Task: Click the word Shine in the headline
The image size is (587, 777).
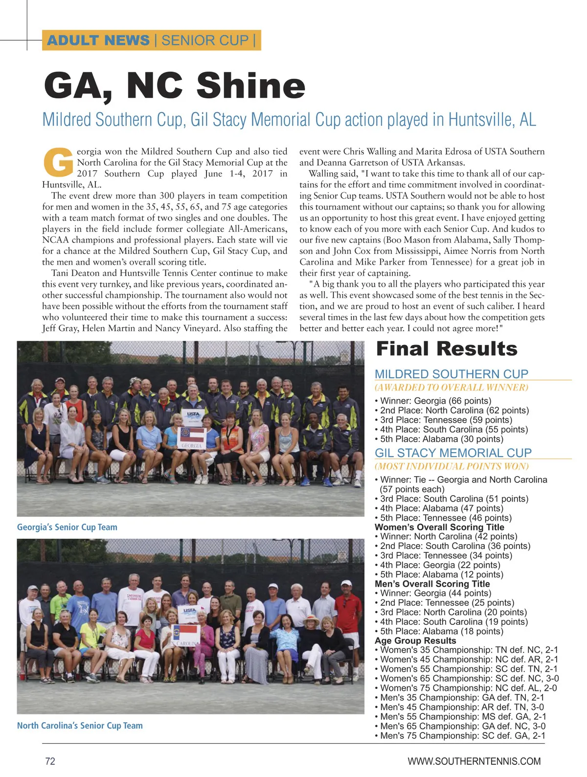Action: [x=251, y=86]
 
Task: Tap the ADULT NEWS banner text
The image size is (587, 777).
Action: [x=98, y=40]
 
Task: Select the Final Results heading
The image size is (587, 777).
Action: [x=446, y=349]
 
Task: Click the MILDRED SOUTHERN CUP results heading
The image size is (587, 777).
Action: [x=451, y=374]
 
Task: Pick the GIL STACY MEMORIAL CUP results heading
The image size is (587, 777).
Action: [x=453, y=453]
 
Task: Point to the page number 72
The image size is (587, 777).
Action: [x=50, y=761]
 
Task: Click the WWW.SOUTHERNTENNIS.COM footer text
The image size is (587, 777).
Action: [x=474, y=761]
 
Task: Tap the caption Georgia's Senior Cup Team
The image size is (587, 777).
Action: [x=67, y=527]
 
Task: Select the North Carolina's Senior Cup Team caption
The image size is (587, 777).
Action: [x=80, y=726]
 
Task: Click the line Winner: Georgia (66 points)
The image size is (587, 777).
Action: [x=435, y=401]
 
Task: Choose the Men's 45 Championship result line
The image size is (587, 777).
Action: [x=461, y=707]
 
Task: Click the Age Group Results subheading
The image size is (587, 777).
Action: [x=415, y=640]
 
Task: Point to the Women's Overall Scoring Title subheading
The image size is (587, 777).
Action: [x=439, y=527]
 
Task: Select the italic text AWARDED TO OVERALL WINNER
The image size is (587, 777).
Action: [x=452, y=388]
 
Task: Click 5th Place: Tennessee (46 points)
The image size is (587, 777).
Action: [x=446, y=518]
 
